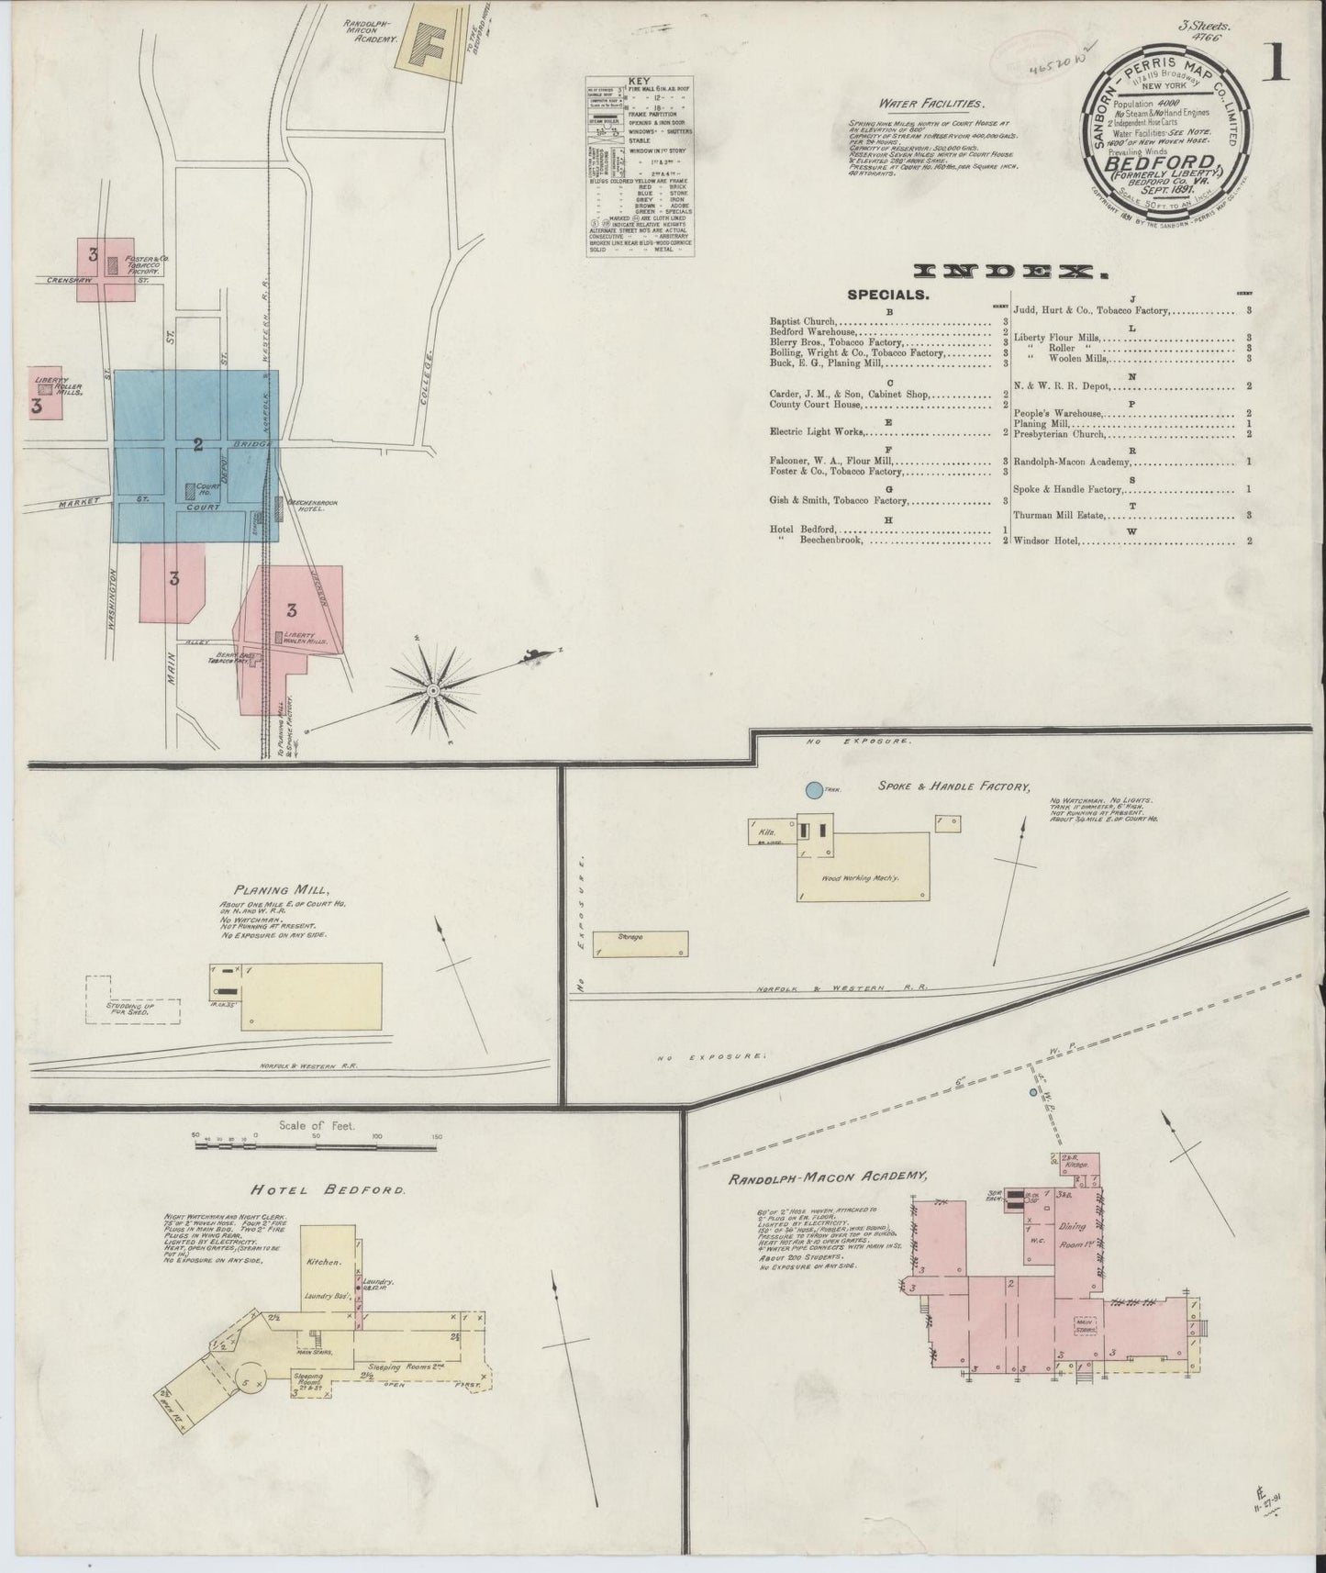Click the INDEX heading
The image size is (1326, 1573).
(1009, 271)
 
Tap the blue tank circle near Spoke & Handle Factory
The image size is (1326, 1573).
(813, 788)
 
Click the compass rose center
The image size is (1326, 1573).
(432, 688)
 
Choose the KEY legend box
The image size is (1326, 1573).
(641, 168)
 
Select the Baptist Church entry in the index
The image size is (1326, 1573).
(804, 322)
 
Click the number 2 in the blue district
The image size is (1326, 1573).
(197, 446)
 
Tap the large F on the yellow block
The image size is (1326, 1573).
(429, 41)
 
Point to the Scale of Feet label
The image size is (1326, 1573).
(316, 1125)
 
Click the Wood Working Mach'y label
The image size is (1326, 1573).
(860, 878)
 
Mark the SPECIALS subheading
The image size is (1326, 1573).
(888, 296)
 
